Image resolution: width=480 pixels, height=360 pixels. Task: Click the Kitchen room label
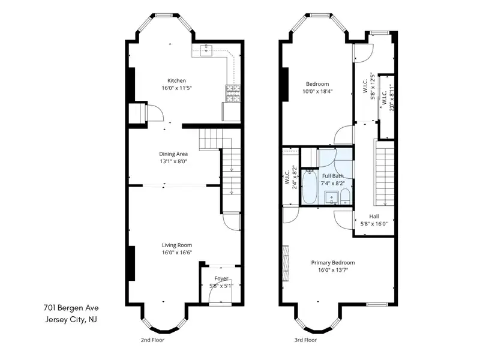tap(176, 81)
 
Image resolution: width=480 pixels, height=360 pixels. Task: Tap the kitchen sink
tap(206, 50)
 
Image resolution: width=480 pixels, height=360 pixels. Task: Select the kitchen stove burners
tap(233, 94)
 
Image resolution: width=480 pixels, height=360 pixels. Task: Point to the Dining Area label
tap(173, 154)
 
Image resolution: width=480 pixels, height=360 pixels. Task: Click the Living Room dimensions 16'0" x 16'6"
tap(177, 253)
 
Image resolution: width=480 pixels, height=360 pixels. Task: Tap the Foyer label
tap(221, 278)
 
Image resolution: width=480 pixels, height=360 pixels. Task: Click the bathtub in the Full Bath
tap(310, 187)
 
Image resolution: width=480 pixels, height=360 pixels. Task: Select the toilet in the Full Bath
tap(345, 197)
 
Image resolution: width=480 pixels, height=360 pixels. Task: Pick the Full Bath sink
tap(332, 198)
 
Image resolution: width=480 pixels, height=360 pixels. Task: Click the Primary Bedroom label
tap(333, 263)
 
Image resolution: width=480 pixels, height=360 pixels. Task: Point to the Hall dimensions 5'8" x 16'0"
tap(374, 224)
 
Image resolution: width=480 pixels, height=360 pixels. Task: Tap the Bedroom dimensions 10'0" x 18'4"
tap(317, 91)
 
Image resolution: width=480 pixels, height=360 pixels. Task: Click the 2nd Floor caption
tap(152, 340)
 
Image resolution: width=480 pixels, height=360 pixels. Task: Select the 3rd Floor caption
tap(305, 340)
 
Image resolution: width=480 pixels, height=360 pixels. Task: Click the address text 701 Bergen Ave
tap(71, 308)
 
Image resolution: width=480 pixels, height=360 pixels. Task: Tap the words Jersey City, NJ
tap(71, 320)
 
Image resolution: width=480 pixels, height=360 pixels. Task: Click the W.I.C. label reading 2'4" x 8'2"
tap(291, 177)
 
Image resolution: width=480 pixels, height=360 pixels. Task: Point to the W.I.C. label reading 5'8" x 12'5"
tap(369, 86)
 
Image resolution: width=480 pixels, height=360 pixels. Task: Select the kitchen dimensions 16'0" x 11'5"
tap(176, 88)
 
